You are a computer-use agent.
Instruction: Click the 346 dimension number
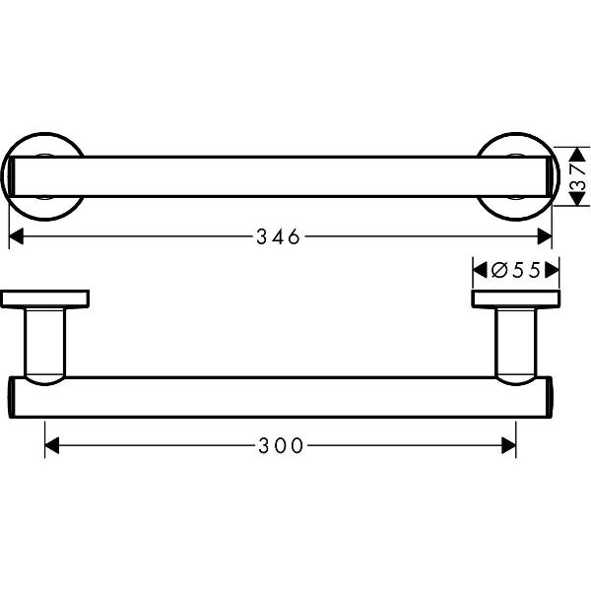point(279,236)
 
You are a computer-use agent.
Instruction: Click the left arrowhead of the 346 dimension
point(17,236)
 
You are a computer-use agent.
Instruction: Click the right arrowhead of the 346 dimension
point(545,236)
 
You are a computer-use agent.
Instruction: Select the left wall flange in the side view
point(45,298)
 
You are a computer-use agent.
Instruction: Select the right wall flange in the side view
point(516,298)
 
